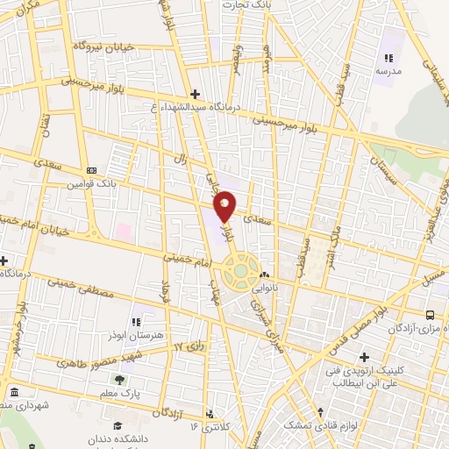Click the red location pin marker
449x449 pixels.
(x=225, y=205)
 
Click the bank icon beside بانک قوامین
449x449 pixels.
(x=91, y=170)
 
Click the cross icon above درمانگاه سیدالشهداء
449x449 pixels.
(x=195, y=94)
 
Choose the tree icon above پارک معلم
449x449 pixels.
(x=119, y=379)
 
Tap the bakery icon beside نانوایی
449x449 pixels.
(x=264, y=275)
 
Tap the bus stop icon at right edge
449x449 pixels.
(x=430, y=315)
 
